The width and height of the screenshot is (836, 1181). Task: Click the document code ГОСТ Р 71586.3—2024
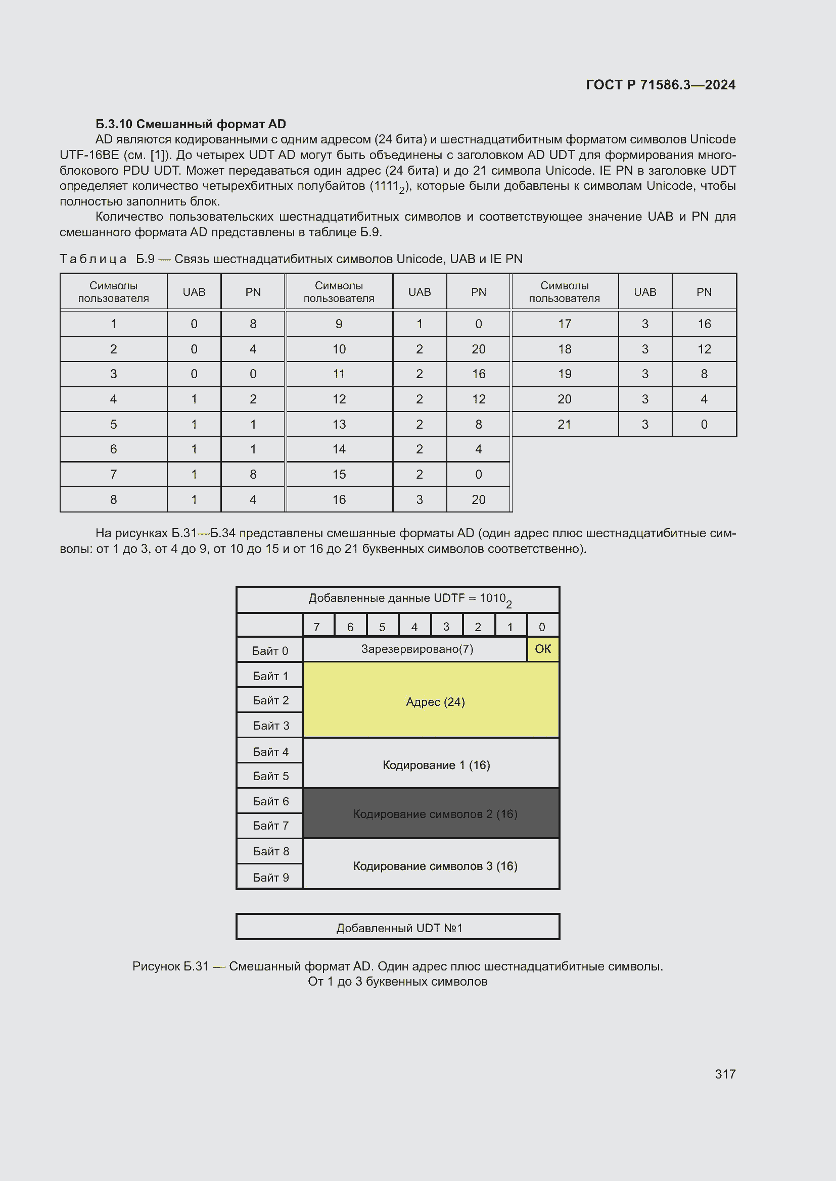661,85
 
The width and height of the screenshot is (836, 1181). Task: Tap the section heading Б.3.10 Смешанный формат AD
191,124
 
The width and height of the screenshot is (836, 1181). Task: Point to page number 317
725,1074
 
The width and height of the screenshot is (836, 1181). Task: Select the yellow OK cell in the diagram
542,649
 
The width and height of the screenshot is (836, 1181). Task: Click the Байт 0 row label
270,651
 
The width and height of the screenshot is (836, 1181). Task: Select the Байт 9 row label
270,877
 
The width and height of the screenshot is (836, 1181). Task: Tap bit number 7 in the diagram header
317,627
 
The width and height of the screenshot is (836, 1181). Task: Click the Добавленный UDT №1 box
398,928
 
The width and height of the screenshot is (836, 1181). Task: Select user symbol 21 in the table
564,424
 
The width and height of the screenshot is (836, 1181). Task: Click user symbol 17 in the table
564,324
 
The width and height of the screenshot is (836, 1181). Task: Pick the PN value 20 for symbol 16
478,499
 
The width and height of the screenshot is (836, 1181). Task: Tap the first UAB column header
194,292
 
